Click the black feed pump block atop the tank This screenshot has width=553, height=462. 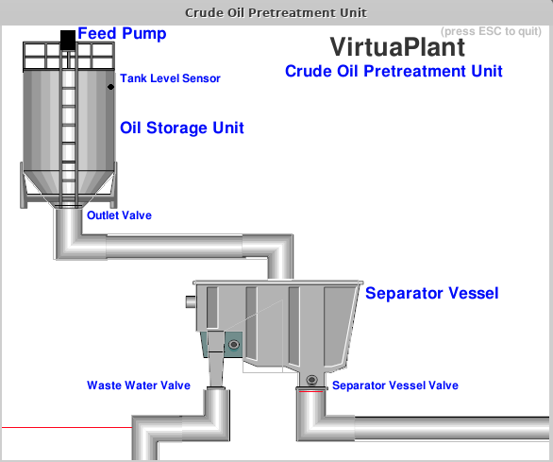click(68, 40)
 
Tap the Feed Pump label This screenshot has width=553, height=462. click(122, 34)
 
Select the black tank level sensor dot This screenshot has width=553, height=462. click(110, 87)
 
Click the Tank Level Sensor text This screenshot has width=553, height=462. click(171, 78)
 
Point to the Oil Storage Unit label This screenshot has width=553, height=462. click(182, 128)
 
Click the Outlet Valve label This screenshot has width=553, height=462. click(119, 215)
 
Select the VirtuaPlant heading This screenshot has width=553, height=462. click(398, 47)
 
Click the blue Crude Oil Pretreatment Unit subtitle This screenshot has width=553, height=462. click(394, 71)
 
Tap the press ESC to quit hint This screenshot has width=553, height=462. click(491, 31)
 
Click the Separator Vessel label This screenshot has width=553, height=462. click(431, 293)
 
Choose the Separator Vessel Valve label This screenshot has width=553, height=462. click(395, 385)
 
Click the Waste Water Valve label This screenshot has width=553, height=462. click(139, 385)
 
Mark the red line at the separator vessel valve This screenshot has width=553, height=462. click(310, 391)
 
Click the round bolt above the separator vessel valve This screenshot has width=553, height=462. click(311, 380)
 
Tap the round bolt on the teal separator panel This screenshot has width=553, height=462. click(234, 345)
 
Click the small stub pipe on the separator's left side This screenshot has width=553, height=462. click(191, 301)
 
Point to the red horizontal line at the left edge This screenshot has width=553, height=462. click(67, 427)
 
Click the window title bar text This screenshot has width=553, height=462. click(276, 12)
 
